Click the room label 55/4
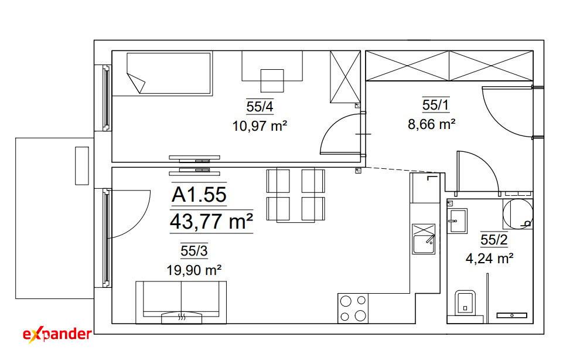[x=260, y=107]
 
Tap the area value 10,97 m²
[x=260, y=126]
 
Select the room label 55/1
[x=436, y=105]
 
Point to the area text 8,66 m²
[x=431, y=124]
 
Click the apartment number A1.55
[x=199, y=195]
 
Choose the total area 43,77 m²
[x=211, y=222]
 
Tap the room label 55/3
[x=194, y=251]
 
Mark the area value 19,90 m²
[x=194, y=270]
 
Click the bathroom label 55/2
[x=494, y=240]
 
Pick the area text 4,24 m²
[x=489, y=258]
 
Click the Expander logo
[x=57, y=334]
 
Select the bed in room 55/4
[x=169, y=73]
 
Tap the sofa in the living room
[x=181, y=302]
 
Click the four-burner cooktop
[x=353, y=308]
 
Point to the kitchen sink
[x=424, y=239]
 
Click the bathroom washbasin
[x=457, y=220]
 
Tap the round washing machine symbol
[x=518, y=213]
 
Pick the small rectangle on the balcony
[x=82, y=165]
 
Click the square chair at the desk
[x=272, y=80]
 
